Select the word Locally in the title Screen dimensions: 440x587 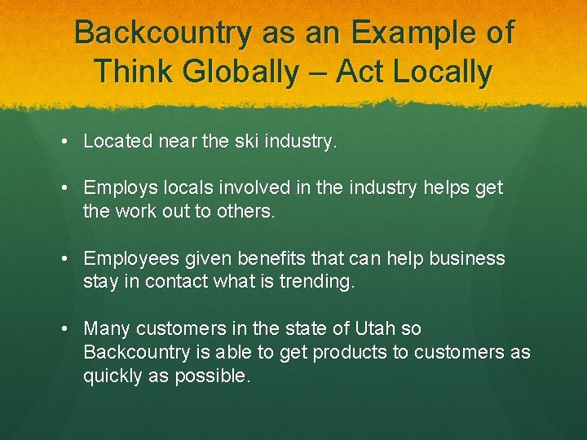(443, 72)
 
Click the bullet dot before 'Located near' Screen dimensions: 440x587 (64, 142)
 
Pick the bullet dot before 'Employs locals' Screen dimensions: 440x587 (64, 188)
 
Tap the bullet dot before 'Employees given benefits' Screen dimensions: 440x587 (64, 259)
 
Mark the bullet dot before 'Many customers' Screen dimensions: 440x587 (64, 329)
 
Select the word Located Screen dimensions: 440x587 (117, 142)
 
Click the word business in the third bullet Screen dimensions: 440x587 (467, 259)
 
